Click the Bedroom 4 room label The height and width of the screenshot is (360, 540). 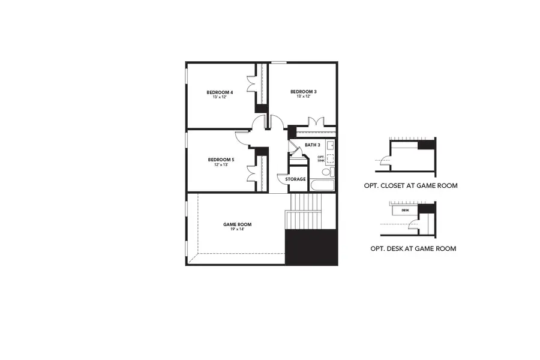[220, 92]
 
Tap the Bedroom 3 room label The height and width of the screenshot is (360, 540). [304, 92]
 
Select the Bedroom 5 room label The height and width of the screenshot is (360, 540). [221, 160]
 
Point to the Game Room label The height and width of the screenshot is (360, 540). [238, 224]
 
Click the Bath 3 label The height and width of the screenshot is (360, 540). [313, 145]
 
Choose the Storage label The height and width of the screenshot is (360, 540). [295, 179]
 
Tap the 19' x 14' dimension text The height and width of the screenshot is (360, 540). [238, 229]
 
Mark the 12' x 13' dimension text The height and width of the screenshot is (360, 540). [221, 164]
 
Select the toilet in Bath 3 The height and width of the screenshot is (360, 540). [326, 172]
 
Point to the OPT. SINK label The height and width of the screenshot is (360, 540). [320, 159]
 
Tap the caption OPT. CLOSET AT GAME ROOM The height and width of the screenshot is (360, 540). [410, 186]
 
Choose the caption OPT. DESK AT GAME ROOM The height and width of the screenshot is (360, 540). [413, 248]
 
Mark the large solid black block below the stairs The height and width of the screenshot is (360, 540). [311, 247]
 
